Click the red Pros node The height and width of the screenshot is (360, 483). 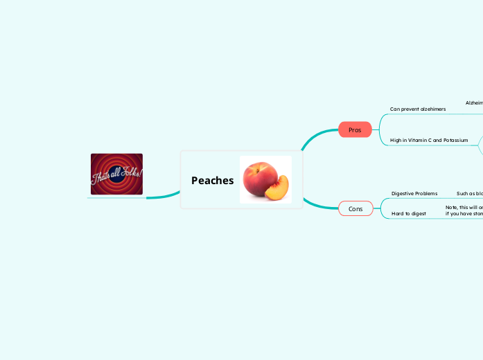[355, 129]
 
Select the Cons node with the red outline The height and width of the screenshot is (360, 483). [355, 208]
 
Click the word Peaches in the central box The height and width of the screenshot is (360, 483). [212, 181]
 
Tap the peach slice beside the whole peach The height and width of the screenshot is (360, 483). [279, 190]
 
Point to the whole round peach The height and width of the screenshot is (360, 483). [259, 177]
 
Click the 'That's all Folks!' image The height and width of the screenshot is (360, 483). [116, 174]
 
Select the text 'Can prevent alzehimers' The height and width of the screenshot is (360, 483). [418, 109]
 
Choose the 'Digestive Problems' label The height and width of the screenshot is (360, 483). [414, 193]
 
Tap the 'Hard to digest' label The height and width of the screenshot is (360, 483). [409, 213]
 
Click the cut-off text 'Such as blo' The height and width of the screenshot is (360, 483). [469, 193]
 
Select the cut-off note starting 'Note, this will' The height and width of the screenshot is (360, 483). [464, 210]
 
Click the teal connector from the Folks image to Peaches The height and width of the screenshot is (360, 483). [164, 194]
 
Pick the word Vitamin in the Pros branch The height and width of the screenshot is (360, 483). [418, 140]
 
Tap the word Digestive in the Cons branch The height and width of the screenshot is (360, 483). [403, 193]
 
